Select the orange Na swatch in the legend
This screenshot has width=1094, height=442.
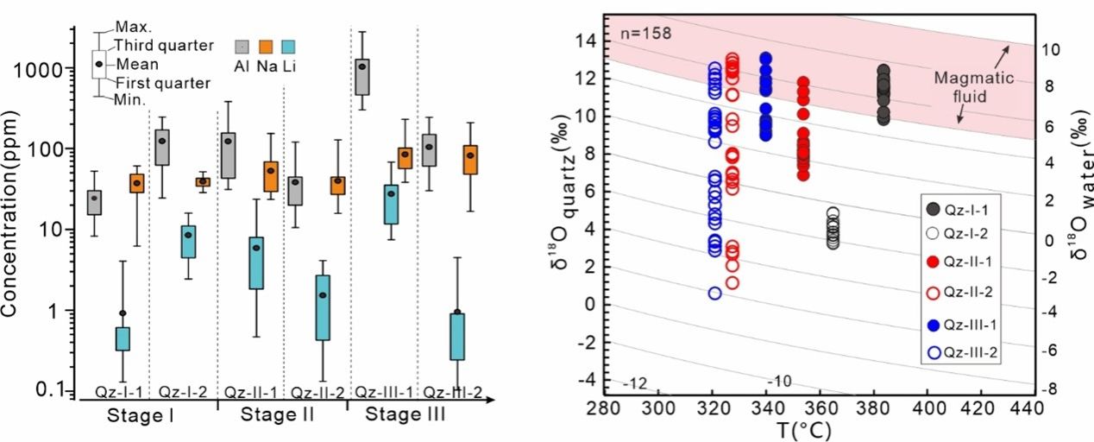pyautogui.click(x=267, y=47)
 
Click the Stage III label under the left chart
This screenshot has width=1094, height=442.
pyautogui.click(x=406, y=415)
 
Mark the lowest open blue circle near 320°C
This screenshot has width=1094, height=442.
pyautogui.click(x=714, y=293)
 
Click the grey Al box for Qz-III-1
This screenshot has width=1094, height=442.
pyautogui.click(x=363, y=76)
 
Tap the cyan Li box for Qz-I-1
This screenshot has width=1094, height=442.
pyautogui.click(x=123, y=338)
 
